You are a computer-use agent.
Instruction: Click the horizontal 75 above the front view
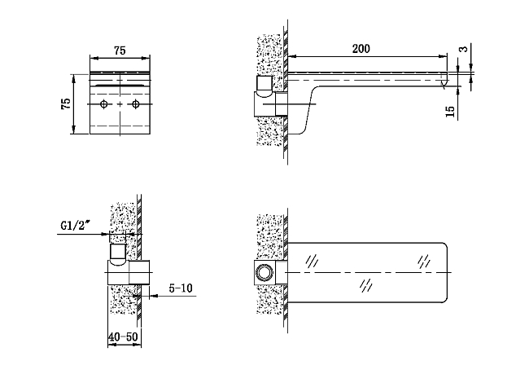click(120, 51)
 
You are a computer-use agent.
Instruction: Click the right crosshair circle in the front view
click(135, 106)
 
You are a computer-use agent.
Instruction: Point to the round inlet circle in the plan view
click(264, 271)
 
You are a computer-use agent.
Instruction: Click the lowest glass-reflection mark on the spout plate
click(367, 284)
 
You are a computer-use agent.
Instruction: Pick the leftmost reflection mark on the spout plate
click(311, 262)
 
